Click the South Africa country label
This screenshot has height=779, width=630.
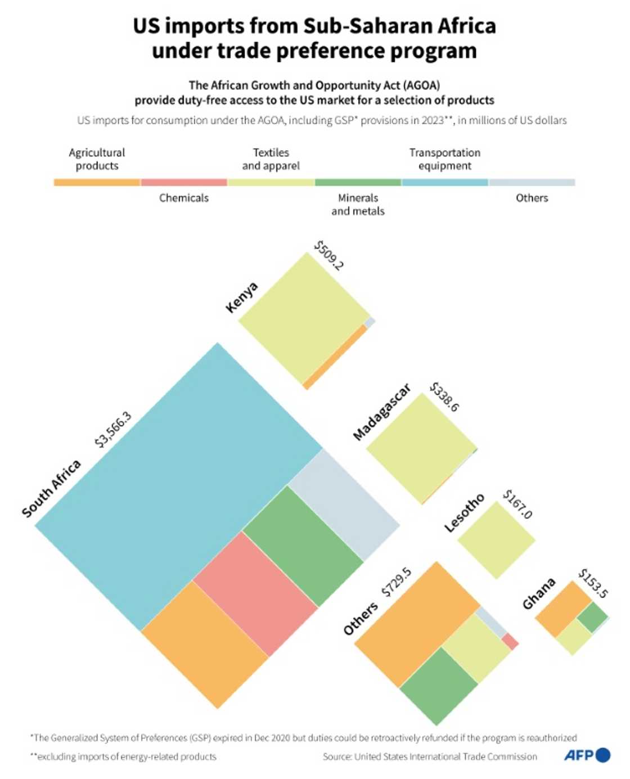52,488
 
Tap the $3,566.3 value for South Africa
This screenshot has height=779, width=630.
113,429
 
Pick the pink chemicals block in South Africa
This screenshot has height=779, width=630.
255,593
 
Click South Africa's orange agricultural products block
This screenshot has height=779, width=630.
205,644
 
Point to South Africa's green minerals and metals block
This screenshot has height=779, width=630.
303,546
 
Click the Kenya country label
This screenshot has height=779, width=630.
242,297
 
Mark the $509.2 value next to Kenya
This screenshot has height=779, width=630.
328,255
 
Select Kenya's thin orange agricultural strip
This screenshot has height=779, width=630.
335,357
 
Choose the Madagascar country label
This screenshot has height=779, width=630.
382,412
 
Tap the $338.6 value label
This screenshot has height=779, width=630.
444,397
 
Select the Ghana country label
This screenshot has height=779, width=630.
539,593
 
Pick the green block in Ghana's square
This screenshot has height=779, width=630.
592,617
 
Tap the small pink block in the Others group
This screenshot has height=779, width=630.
510,641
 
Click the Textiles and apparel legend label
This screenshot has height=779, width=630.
271,159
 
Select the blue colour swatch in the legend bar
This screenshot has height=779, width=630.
444,182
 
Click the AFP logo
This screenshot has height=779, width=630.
587,755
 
